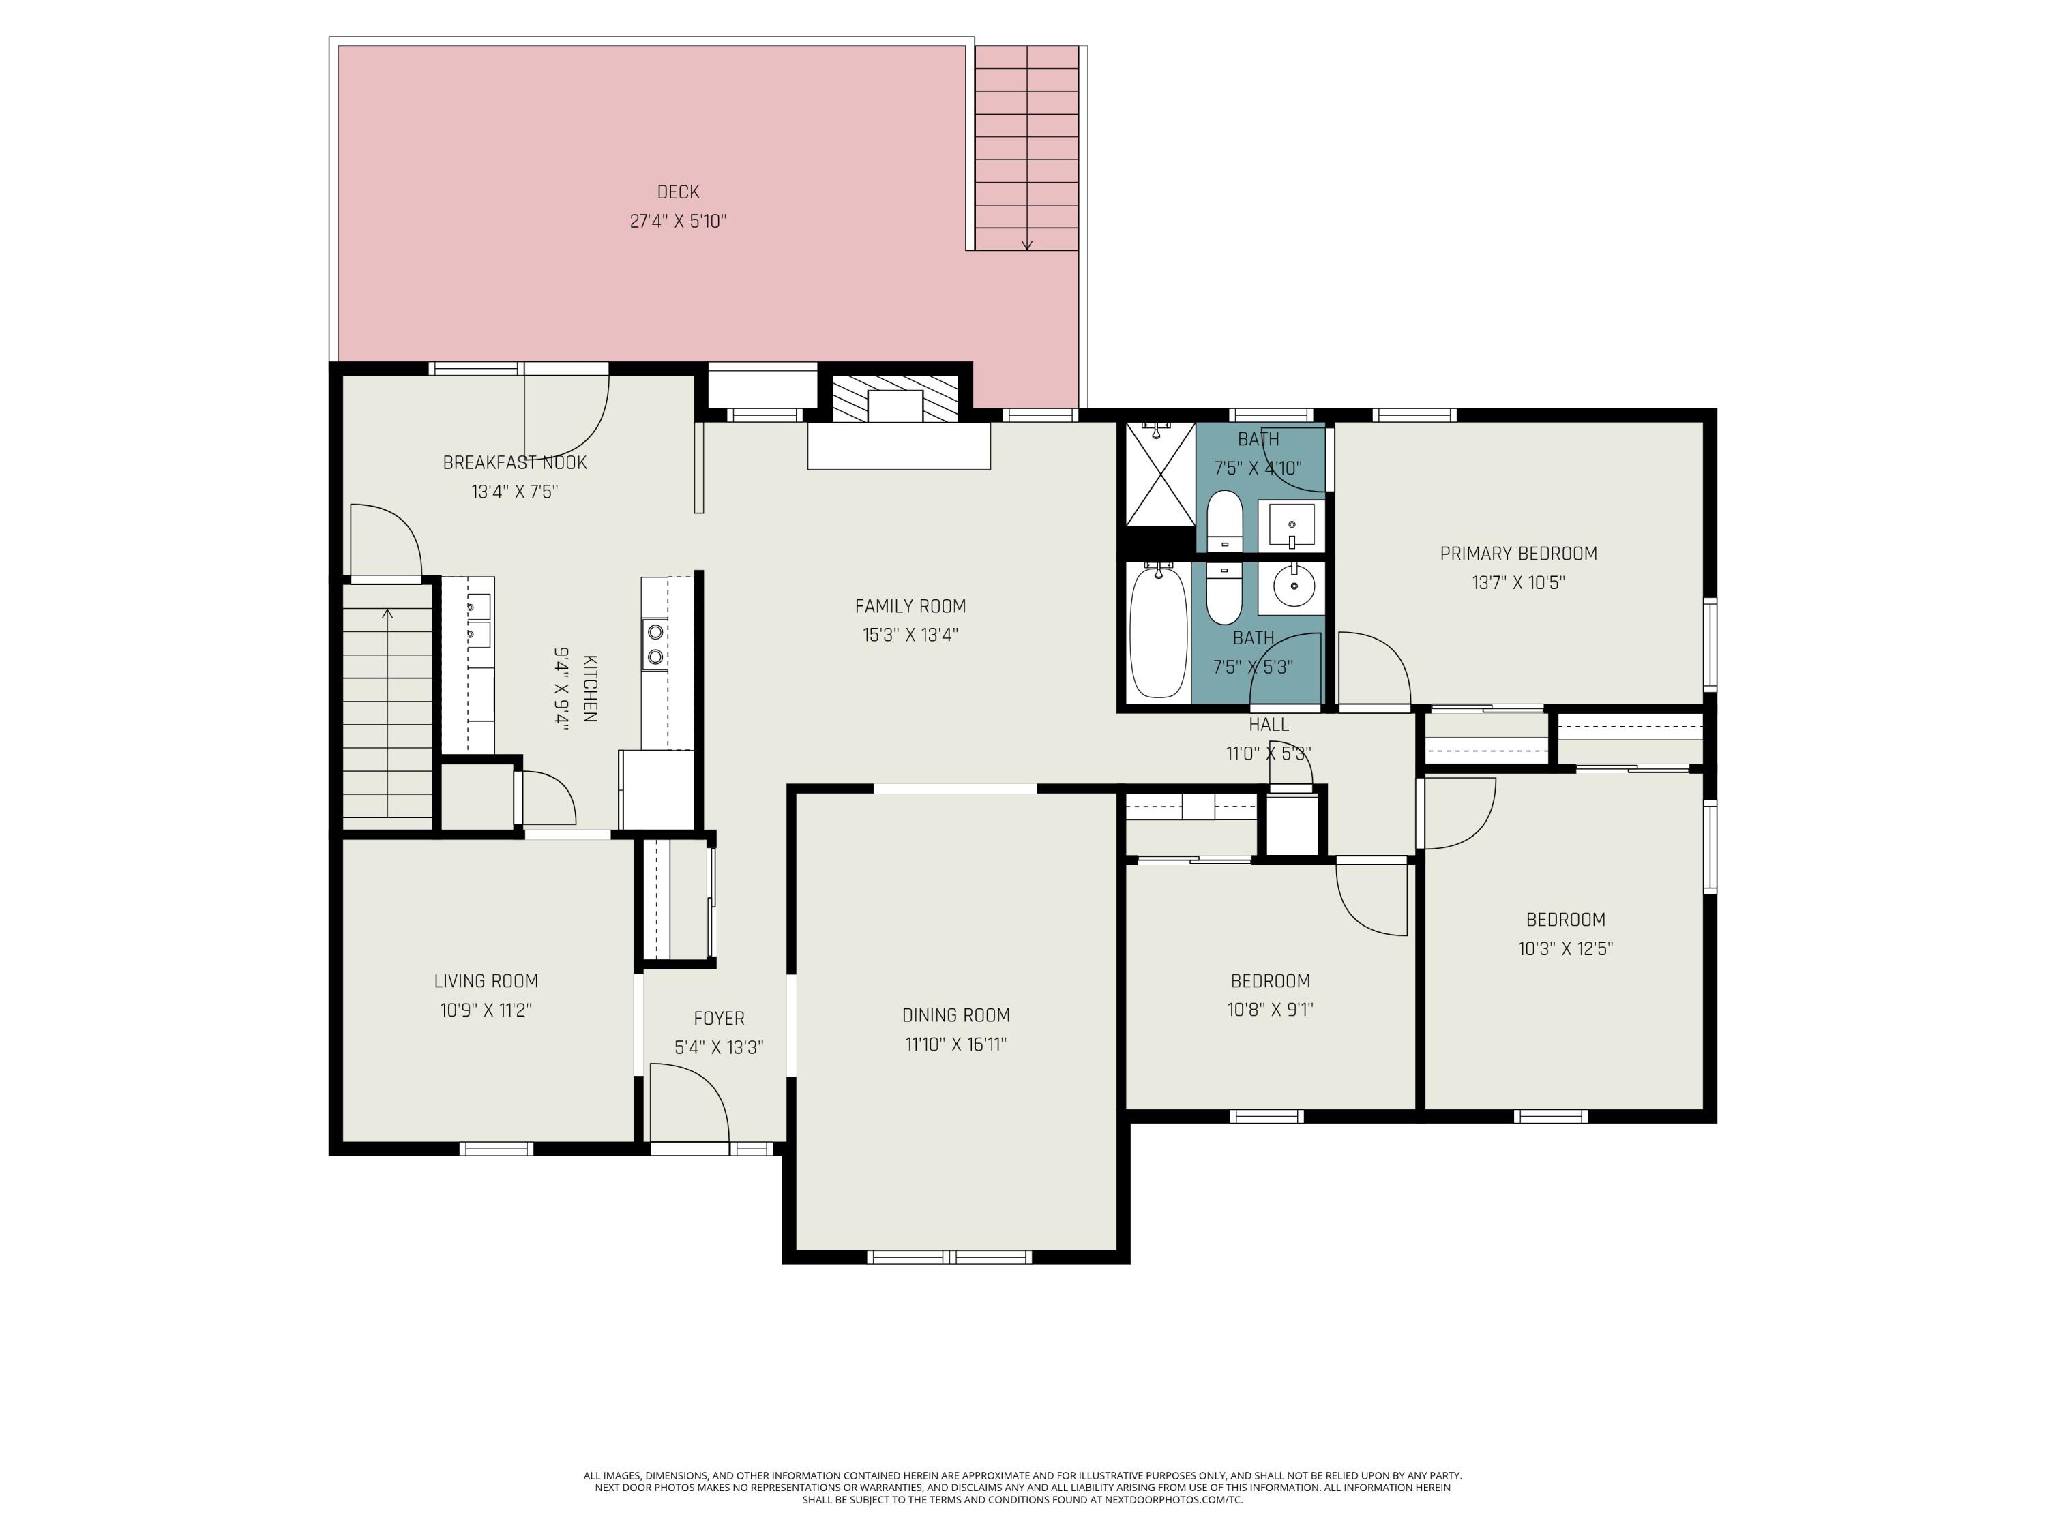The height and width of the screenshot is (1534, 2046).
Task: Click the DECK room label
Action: tap(678, 192)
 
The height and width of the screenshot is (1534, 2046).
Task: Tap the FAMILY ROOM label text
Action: tap(910, 607)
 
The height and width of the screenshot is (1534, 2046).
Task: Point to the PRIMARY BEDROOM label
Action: tap(1518, 554)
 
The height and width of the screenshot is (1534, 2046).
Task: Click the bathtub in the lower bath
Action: tap(1158, 633)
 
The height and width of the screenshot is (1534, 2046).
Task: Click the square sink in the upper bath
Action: tap(1291, 525)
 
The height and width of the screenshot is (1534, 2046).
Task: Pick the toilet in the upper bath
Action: tap(1225, 521)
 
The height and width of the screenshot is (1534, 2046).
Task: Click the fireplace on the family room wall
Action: tap(895, 400)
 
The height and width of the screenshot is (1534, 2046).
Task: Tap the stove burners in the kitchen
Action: tap(655, 644)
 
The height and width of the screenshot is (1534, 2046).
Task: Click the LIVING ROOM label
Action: tap(486, 981)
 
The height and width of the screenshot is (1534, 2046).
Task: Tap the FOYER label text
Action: tap(719, 1018)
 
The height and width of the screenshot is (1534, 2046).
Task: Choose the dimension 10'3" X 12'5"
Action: tap(1565, 949)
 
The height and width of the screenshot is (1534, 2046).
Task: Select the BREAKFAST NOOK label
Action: tap(514, 462)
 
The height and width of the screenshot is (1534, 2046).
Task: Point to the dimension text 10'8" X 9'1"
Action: tap(1270, 1010)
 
